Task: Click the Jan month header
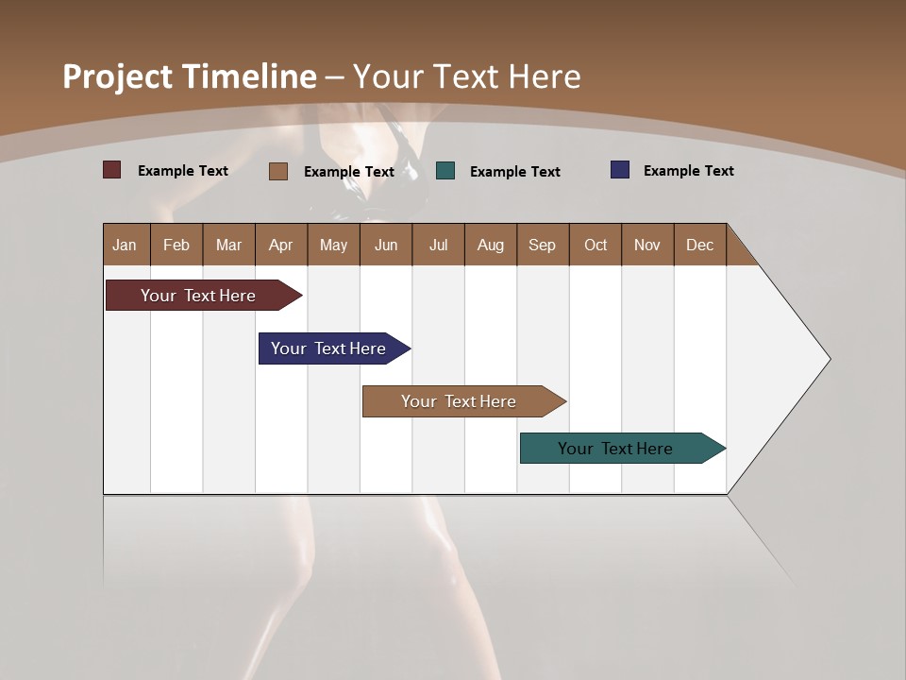coord(125,245)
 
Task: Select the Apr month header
coord(281,245)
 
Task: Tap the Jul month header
coord(438,245)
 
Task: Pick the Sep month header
coord(542,245)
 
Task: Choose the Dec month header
coord(699,245)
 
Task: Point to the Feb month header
coord(176,245)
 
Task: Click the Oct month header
coord(596,245)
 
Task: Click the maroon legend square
coord(111,170)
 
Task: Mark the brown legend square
coord(277,171)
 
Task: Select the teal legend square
coord(445,171)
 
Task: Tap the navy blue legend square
coord(620,170)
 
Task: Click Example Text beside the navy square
coord(688,171)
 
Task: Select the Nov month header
coord(647,245)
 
